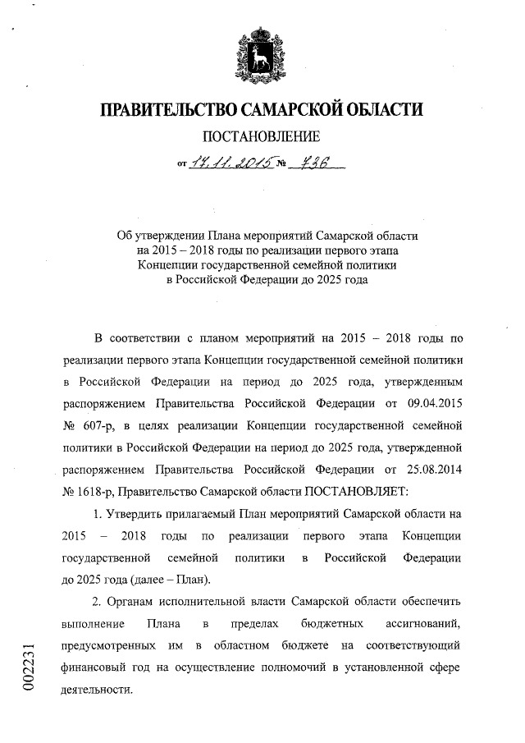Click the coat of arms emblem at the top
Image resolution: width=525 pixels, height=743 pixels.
coord(262,54)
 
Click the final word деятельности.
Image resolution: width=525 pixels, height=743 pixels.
coord(96,691)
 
